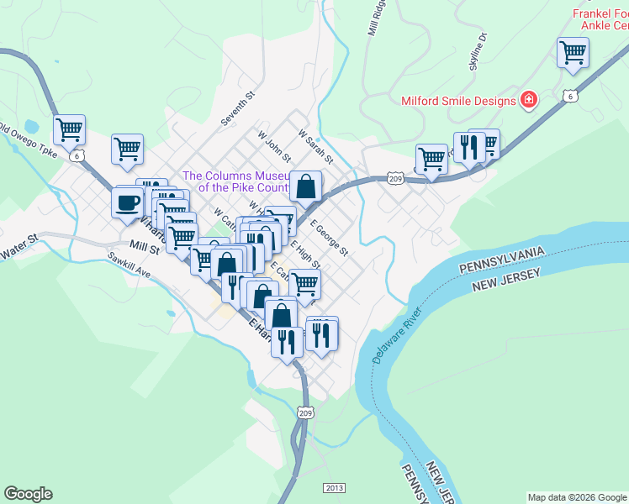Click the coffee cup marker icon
[x=127, y=202]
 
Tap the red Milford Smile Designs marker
[x=529, y=101]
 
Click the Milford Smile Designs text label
[x=457, y=101]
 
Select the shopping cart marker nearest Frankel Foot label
[x=573, y=52]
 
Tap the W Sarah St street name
[x=316, y=145]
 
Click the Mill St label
[x=145, y=248]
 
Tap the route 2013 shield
[x=334, y=487]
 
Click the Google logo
[x=28, y=494]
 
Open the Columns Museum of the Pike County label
[x=235, y=181]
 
